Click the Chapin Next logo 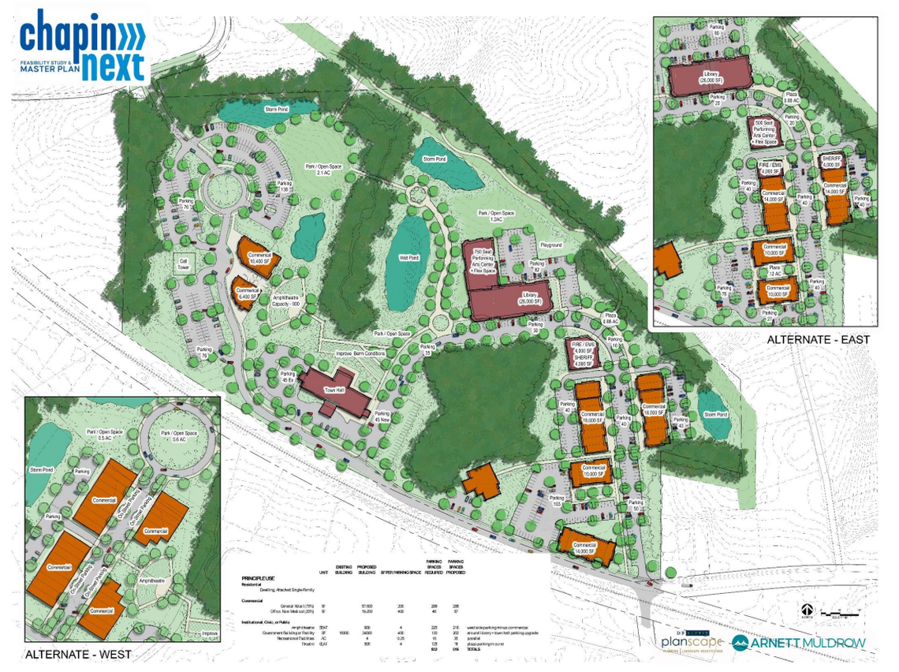pyautogui.click(x=83, y=45)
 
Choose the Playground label pyautogui.click(x=551, y=246)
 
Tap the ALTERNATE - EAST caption pyautogui.click(x=818, y=340)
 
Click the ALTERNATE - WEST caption pyautogui.click(x=78, y=655)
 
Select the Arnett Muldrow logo pyautogui.click(x=799, y=643)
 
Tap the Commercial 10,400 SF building pyautogui.click(x=259, y=257)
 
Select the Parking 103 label pyautogui.click(x=558, y=501)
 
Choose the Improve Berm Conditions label pyautogui.click(x=360, y=353)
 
